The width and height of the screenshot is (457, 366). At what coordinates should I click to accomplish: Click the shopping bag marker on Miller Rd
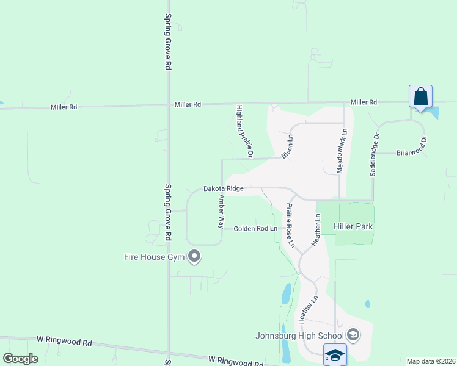pyautogui.click(x=420, y=97)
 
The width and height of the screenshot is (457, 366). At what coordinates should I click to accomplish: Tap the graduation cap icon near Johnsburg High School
pyautogui.click(x=335, y=354)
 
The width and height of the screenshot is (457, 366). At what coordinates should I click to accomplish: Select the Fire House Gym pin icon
pyautogui.click(x=194, y=256)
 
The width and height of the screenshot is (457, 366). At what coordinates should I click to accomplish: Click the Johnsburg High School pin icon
pyautogui.click(x=353, y=334)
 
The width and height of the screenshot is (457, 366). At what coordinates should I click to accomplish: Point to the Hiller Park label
pyautogui.click(x=353, y=226)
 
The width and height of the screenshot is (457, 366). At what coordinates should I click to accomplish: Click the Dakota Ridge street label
pyautogui.click(x=224, y=189)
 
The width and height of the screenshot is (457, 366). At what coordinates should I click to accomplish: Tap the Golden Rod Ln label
pyautogui.click(x=255, y=229)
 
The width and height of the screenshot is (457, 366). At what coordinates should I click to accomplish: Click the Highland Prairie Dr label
pyautogui.click(x=244, y=130)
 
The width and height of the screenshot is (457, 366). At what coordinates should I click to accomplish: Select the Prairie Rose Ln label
pyautogui.click(x=290, y=225)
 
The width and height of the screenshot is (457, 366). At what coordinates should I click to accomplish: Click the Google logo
pyautogui.click(x=20, y=359)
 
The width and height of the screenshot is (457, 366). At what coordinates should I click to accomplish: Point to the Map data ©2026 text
pyautogui.click(x=430, y=361)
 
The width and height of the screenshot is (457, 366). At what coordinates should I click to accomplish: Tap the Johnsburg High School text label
pyautogui.click(x=299, y=335)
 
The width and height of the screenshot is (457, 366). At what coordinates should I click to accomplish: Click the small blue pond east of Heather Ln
pyautogui.click(x=367, y=303)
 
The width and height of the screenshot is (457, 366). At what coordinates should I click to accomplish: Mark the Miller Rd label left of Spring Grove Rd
pyautogui.click(x=64, y=107)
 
